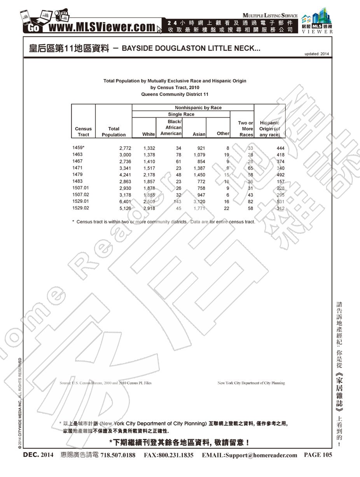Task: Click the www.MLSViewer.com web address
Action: coord(102,28)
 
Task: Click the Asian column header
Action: coord(199,134)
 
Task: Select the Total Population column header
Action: coord(114,132)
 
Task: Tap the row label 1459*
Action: coord(78,148)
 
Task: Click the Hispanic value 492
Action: coord(280,175)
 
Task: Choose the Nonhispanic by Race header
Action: coord(193,108)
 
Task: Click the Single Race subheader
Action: coord(181,115)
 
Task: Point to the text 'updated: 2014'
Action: coord(316,54)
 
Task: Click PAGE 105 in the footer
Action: coord(318,455)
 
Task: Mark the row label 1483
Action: coord(78,181)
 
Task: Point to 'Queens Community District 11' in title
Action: coord(175,94)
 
